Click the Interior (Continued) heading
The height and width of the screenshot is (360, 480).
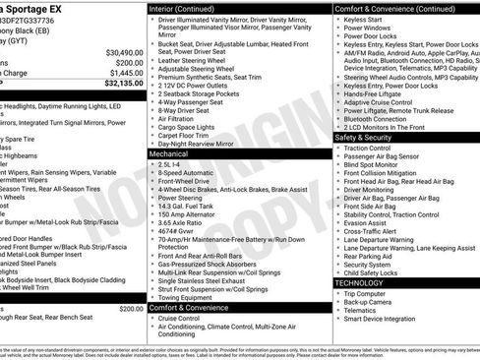coord(189,8)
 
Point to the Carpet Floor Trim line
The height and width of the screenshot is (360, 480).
coord(185,135)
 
